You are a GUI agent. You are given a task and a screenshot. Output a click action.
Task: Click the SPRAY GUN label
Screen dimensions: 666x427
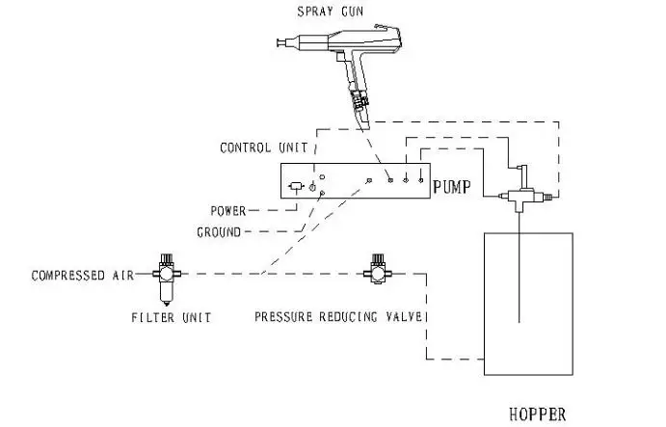(x=330, y=12)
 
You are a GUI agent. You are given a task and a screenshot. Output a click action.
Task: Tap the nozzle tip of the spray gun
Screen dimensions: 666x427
(x=279, y=42)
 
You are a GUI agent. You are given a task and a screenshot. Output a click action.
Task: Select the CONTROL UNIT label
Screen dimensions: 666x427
(x=263, y=147)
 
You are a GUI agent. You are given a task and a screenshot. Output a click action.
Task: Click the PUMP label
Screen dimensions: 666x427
(x=452, y=187)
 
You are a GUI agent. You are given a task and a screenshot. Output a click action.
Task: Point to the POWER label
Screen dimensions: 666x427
(x=228, y=211)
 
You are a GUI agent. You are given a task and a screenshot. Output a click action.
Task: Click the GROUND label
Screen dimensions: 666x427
(x=219, y=232)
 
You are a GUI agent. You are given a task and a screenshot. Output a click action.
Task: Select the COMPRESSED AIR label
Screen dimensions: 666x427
(x=82, y=276)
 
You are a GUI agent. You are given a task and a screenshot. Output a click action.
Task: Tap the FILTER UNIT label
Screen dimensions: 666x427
(x=172, y=317)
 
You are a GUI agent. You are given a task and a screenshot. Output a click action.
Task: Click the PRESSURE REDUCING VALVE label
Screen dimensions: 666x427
(x=338, y=316)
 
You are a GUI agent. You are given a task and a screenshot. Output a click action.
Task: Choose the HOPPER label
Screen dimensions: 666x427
(x=537, y=414)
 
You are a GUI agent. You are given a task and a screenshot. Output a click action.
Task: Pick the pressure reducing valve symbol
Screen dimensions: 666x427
(x=378, y=269)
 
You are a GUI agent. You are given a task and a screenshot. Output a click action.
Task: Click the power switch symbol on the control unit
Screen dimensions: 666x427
(x=297, y=187)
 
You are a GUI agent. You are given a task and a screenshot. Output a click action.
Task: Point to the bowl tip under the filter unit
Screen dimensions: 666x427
(x=166, y=304)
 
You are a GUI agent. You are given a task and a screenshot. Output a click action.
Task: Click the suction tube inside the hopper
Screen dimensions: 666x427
(x=519, y=268)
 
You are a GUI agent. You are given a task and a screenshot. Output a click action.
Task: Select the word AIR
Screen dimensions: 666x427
(x=123, y=276)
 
